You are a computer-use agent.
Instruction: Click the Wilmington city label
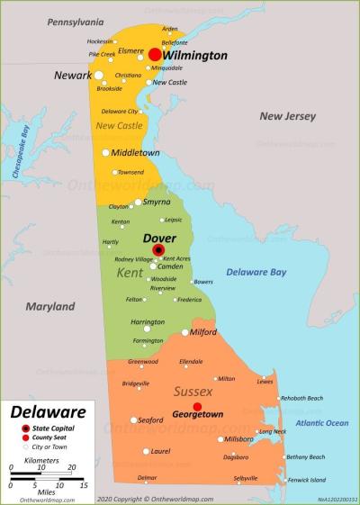pyautogui.click(x=195, y=56)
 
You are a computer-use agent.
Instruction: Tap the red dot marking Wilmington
pyautogui.click(x=155, y=55)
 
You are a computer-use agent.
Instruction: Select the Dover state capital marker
pyautogui.click(x=159, y=249)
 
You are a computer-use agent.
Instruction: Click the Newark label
pyautogui.click(x=72, y=76)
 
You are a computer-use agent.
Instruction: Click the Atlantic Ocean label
pyautogui.click(x=321, y=423)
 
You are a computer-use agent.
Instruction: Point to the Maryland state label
pyautogui.click(x=49, y=307)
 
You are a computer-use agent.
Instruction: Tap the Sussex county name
pyautogui.click(x=193, y=391)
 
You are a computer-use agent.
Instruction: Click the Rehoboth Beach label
pyautogui.click(x=301, y=398)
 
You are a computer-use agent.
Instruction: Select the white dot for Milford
pyautogui.click(x=185, y=332)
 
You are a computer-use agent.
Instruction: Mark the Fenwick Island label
pyautogui.click(x=307, y=480)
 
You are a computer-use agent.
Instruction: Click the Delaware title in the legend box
pyautogui.click(x=49, y=413)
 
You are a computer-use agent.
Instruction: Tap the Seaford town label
pyautogui.click(x=150, y=419)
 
